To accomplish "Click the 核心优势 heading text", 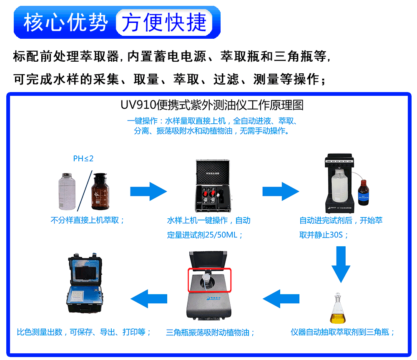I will pos(65,22).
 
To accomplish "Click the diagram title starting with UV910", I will pos(212,105).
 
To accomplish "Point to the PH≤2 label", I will pos(83,159).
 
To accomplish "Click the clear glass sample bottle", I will pos(68,192).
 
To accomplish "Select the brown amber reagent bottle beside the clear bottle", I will pos(103,192).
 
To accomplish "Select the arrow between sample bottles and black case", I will pos(148,191).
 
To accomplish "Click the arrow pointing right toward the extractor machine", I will pos(280,191).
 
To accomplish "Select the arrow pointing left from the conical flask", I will pos(280,298).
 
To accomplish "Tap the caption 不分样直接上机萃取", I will pos(88,220).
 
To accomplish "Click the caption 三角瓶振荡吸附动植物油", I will pos(210,332).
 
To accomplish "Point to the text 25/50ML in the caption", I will pos(221,235).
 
